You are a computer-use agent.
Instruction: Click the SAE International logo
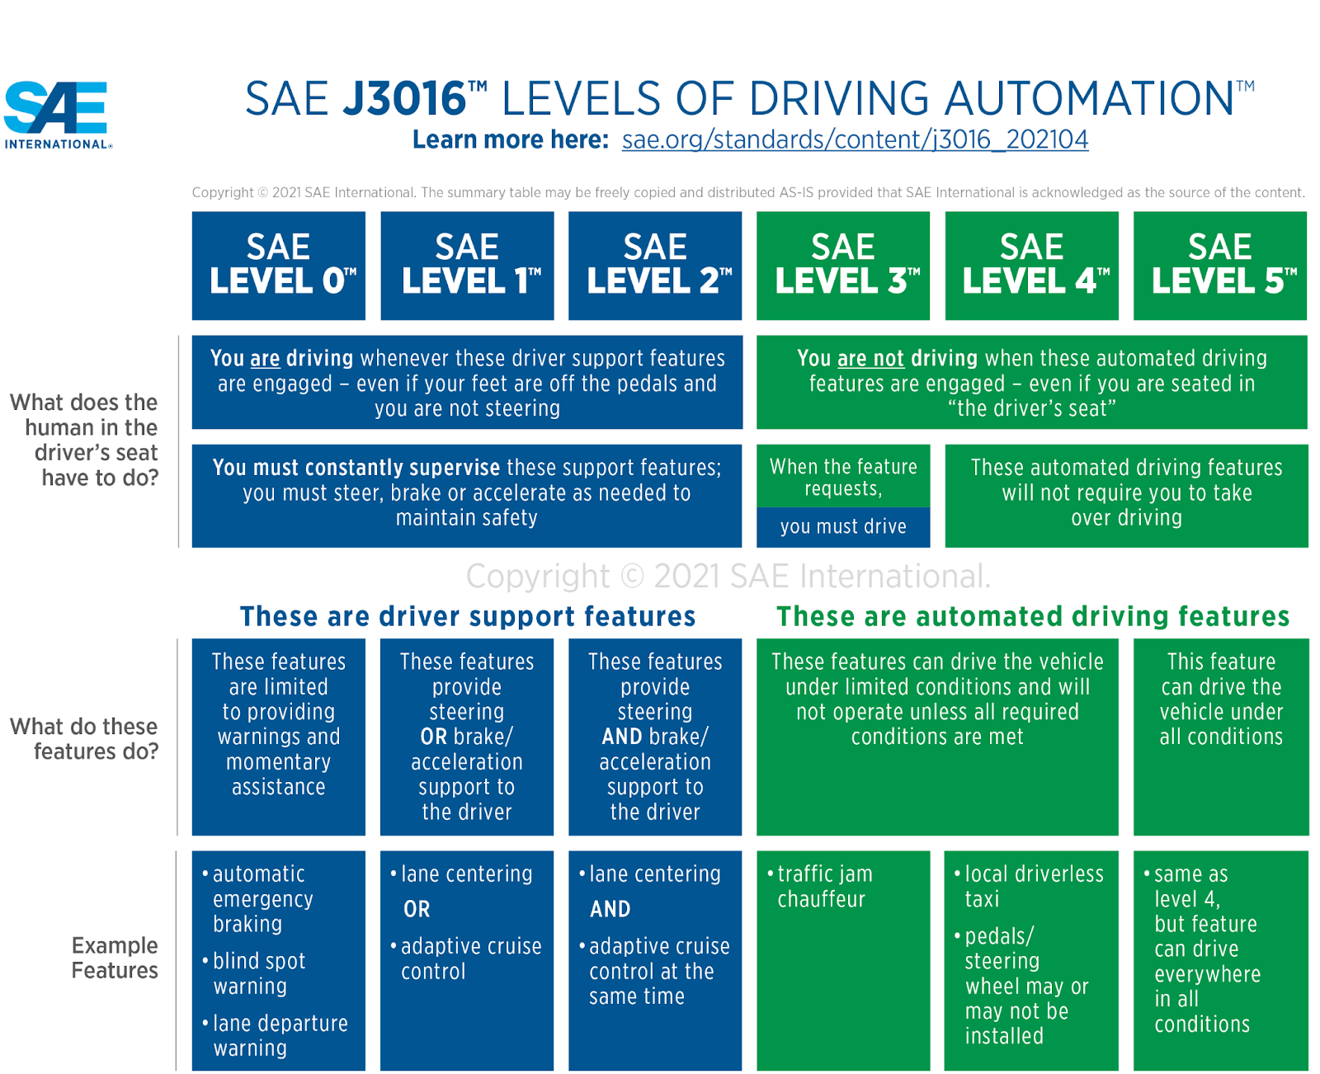(56, 114)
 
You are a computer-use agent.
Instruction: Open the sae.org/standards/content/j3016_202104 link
(855, 139)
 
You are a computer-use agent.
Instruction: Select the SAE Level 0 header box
(279, 265)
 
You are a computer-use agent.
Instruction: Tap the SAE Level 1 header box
(467, 265)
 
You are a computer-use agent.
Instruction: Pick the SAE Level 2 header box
(655, 265)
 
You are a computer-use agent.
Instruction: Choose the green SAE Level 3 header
(843, 265)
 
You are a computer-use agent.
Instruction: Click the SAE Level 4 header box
(1032, 265)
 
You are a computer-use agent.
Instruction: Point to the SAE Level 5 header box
(1220, 265)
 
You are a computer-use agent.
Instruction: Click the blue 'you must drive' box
(843, 527)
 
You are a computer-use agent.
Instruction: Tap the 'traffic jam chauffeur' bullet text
(823, 887)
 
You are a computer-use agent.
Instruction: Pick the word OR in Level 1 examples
(417, 910)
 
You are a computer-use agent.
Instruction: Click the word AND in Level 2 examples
(610, 910)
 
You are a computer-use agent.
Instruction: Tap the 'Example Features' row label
(114, 958)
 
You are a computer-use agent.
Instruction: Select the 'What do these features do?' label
(85, 739)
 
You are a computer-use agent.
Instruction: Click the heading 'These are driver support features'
(468, 616)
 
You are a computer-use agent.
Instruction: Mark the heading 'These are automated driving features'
(1033, 616)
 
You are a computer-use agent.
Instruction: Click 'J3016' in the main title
(405, 99)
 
